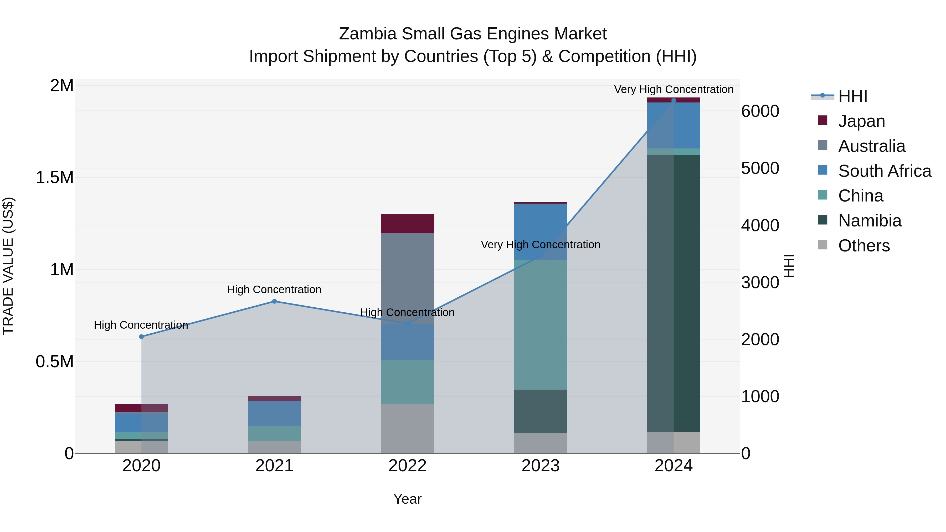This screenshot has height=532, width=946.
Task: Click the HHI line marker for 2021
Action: [x=274, y=301]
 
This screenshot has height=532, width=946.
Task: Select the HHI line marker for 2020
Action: [x=141, y=337]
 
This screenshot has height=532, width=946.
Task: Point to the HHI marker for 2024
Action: [x=673, y=101]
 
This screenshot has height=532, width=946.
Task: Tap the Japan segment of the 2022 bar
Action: [x=407, y=223]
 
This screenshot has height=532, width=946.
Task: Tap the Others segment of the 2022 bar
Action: [x=407, y=428]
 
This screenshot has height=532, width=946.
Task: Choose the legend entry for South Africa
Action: [x=884, y=171]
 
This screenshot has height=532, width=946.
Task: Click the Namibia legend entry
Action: [x=870, y=221]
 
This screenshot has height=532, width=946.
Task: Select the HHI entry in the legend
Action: [x=852, y=96]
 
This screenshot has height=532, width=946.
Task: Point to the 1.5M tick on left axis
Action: [x=55, y=178]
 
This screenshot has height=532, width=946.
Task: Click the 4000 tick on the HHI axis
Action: [x=760, y=225]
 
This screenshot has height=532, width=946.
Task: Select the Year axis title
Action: [x=407, y=499]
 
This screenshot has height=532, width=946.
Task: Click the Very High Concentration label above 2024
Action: [x=673, y=89]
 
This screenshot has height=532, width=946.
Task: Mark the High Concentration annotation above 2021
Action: [x=274, y=290]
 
